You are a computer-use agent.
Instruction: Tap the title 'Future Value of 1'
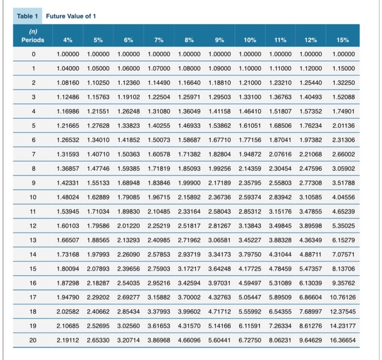71,16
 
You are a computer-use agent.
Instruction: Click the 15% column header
342,40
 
